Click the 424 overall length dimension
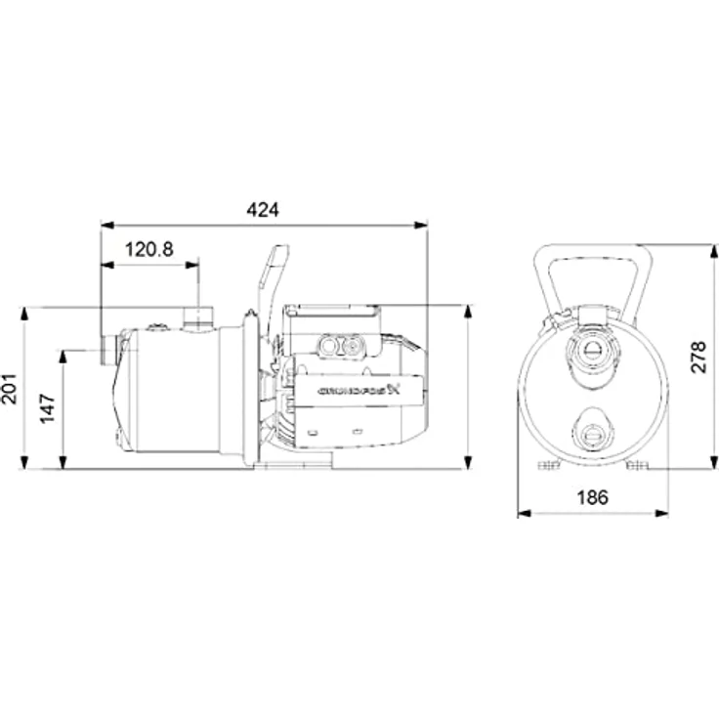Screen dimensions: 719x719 click(262, 210)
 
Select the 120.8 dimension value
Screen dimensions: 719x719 click(149, 249)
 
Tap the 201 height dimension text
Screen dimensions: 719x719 click(10, 389)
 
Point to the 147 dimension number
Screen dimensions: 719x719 click(48, 408)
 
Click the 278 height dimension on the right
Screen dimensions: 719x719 click(698, 358)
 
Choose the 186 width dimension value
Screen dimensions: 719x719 click(592, 497)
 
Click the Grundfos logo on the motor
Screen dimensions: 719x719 click(359, 391)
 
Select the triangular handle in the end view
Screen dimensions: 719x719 click(593, 280)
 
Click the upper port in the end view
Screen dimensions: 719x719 click(592, 352)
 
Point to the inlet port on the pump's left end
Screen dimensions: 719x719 click(109, 350)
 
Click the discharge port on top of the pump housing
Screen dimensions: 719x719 click(198, 318)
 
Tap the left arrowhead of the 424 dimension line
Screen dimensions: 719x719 click(106, 225)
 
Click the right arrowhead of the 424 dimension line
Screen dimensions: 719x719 click(421, 225)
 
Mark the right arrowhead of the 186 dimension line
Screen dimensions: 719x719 click(662, 513)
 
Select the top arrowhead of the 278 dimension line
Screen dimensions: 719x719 click(714, 251)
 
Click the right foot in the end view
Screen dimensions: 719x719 click(637, 465)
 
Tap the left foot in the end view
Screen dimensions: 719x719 click(549, 465)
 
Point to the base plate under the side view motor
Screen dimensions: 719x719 click(293, 460)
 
